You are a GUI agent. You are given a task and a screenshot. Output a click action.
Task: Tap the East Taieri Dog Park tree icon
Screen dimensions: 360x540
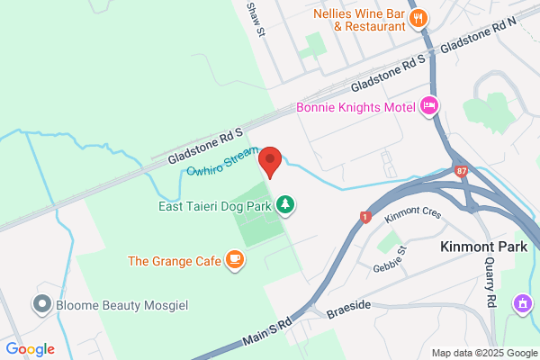pos(285,205)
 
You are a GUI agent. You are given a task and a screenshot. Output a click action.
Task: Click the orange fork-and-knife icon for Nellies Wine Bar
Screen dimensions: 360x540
pos(418,19)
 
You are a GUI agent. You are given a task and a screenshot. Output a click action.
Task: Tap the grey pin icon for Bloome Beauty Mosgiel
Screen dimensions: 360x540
pos(41,304)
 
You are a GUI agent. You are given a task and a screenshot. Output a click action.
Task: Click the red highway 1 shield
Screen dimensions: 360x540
pos(364,216)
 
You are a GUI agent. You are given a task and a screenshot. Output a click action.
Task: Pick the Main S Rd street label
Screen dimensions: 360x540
pos(267,331)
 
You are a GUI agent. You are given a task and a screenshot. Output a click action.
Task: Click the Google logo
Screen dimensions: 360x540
pos(31,349)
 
